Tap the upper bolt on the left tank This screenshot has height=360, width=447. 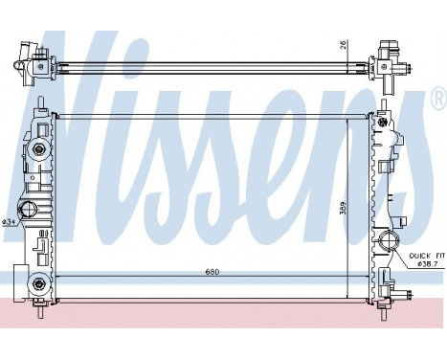click(x=37, y=150)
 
